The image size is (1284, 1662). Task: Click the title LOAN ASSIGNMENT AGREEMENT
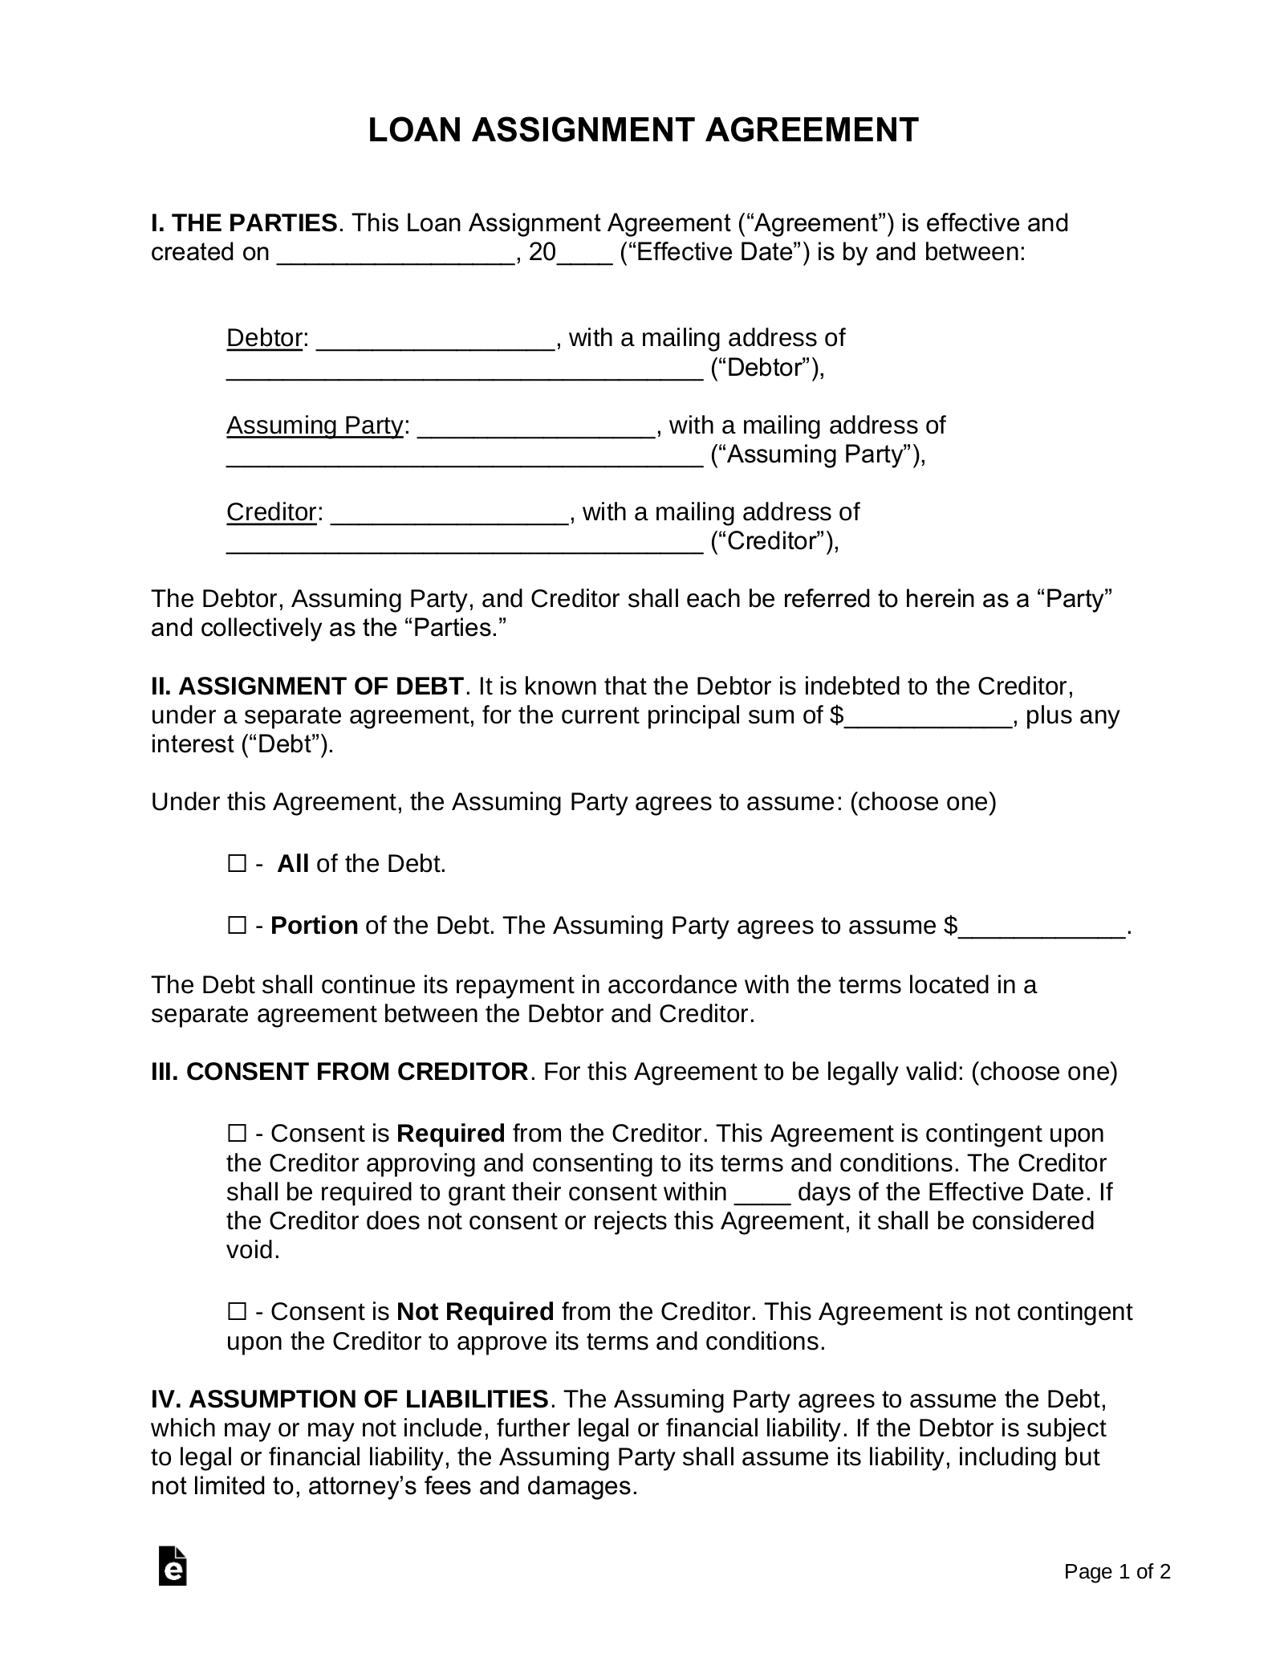(x=643, y=130)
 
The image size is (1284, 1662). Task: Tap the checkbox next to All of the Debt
(x=237, y=864)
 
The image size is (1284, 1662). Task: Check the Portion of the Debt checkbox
(x=237, y=926)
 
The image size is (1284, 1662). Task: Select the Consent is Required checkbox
(x=237, y=1134)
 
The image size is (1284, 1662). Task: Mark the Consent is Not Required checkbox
(x=237, y=1312)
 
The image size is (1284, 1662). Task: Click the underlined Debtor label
(x=264, y=338)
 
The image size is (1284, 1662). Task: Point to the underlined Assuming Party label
(x=314, y=425)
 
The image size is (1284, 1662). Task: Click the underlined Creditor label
(x=271, y=511)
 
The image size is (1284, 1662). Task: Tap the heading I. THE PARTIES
(x=244, y=222)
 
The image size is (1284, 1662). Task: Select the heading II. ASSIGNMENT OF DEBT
(x=307, y=686)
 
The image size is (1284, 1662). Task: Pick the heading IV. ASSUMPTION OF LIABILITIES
(x=350, y=1399)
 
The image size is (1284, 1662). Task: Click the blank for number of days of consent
(x=762, y=1194)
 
